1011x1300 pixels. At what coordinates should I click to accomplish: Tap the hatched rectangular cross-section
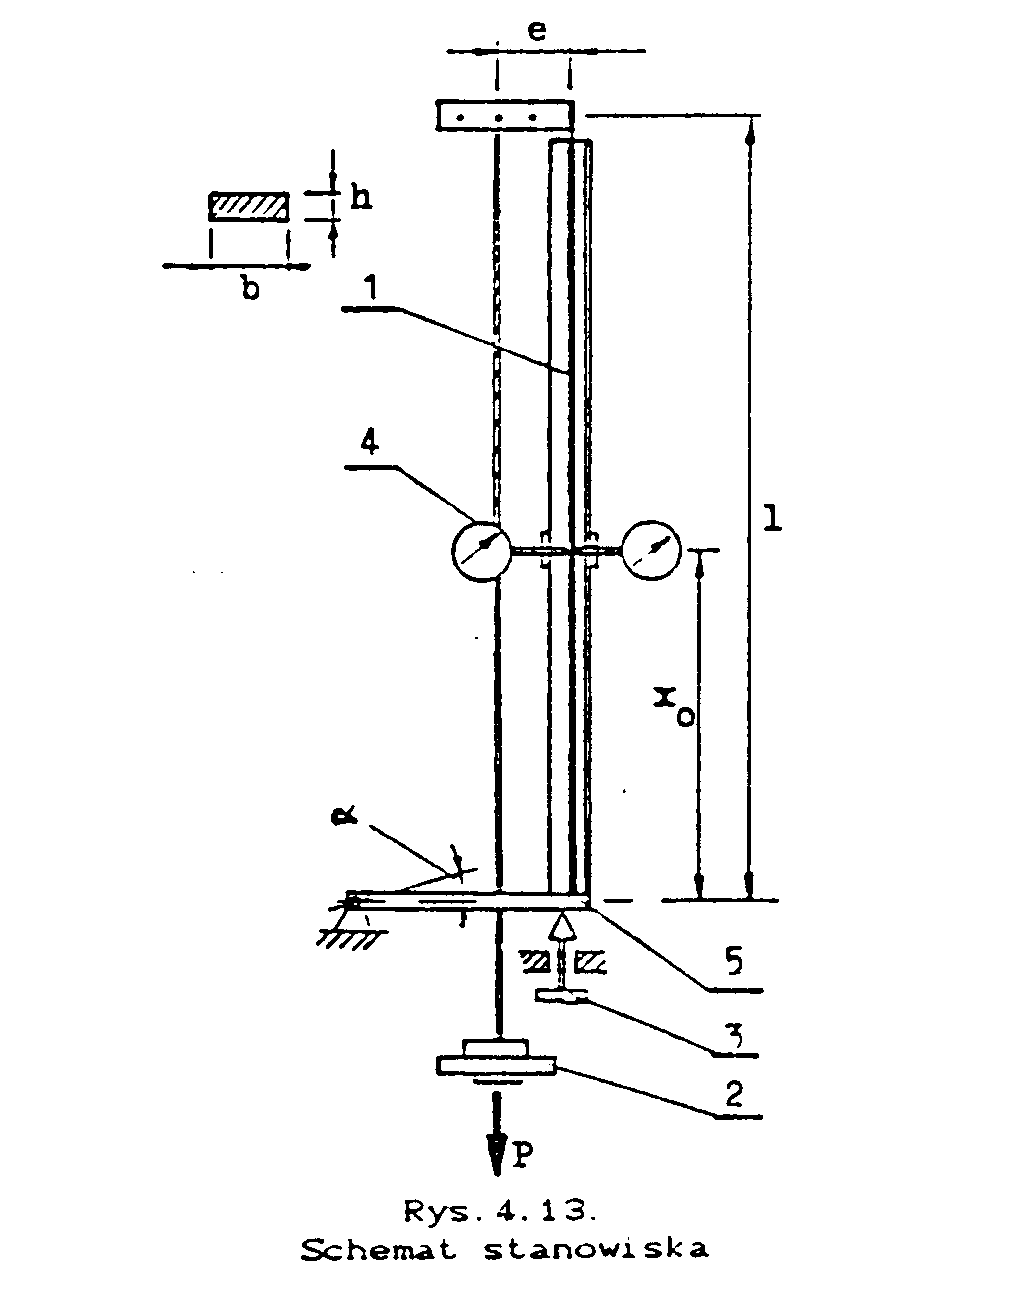pyautogui.click(x=249, y=206)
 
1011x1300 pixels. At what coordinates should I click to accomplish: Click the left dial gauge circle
pyautogui.click(x=481, y=551)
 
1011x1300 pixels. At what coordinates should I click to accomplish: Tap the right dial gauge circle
pyautogui.click(x=652, y=550)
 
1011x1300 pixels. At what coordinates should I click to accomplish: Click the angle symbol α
pyautogui.click(x=344, y=816)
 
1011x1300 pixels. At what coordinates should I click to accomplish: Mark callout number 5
pyautogui.click(x=734, y=962)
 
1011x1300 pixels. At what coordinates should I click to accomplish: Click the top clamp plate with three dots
pyautogui.click(x=504, y=115)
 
